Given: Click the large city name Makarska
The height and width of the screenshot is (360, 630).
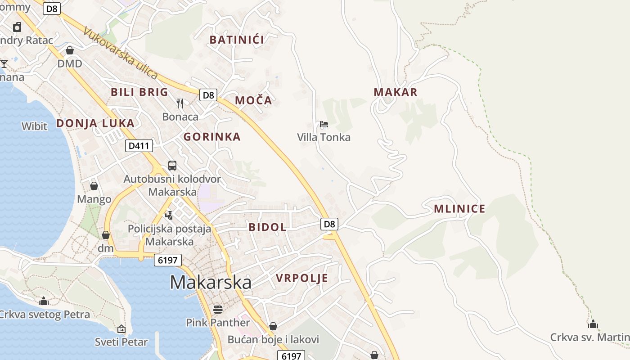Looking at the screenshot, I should pyautogui.click(x=211, y=283).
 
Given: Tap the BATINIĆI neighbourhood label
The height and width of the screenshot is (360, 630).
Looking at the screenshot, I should pyautogui.click(x=237, y=40).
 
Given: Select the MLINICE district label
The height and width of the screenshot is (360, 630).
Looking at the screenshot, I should pyautogui.click(x=459, y=209).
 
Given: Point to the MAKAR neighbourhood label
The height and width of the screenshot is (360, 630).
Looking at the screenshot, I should pyautogui.click(x=396, y=92).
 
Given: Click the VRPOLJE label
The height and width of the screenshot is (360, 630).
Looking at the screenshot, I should pyautogui.click(x=302, y=278).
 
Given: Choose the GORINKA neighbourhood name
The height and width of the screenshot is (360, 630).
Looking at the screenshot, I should pyautogui.click(x=212, y=137).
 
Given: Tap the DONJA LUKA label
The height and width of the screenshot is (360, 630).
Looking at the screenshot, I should pyautogui.click(x=95, y=123).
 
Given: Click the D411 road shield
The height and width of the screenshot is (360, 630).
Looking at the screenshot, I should pyautogui.click(x=139, y=146).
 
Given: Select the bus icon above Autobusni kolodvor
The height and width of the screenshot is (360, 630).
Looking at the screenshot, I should pyautogui.click(x=172, y=166).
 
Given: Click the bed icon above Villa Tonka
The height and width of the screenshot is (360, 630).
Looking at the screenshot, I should pyautogui.click(x=324, y=124).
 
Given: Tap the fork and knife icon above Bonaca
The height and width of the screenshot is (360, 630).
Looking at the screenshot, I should pyautogui.click(x=180, y=103).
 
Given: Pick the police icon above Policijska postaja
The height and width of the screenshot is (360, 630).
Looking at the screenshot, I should pyautogui.click(x=169, y=215).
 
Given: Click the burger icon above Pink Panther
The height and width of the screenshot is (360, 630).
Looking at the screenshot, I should pyautogui.click(x=218, y=310).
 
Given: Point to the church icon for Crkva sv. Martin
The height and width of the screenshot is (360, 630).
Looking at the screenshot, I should pyautogui.click(x=593, y=324).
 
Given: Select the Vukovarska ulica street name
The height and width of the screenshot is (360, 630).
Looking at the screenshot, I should pyautogui.click(x=121, y=53).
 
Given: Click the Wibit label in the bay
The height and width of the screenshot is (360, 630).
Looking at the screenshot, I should pyautogui.click(x=34, y=126).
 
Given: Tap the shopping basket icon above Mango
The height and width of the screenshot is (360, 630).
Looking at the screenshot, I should pyautogui.click(x=94, y=186).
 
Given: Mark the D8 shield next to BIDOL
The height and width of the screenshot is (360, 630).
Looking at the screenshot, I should pyautogui.click(x=329, y=224).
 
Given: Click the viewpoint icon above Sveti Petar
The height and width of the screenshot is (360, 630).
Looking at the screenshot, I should pyautogui.click(x=121, y=329).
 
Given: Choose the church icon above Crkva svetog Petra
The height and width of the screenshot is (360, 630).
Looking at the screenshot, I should pyautogui.click(x=44, y=301).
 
